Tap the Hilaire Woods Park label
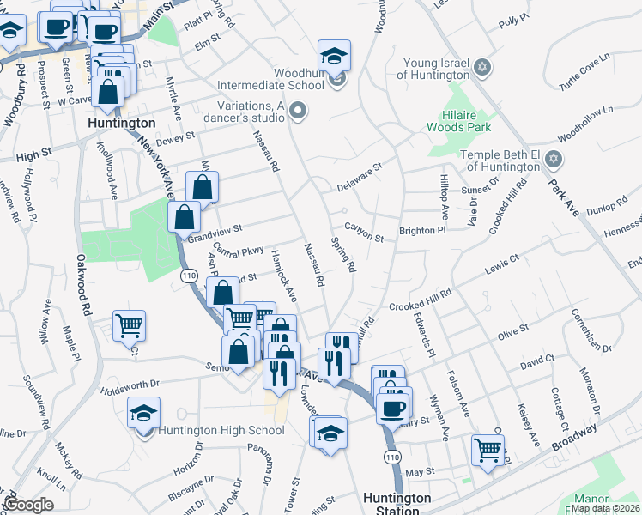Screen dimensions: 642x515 tap(459, 121)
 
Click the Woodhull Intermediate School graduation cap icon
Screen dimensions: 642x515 tap(335, 57)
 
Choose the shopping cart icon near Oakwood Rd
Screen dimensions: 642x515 tap(130, 326)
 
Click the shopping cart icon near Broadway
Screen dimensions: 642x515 tap(488, 449)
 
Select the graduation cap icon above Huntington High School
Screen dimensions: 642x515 tap(144, 413)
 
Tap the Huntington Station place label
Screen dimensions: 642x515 tap(397, 504)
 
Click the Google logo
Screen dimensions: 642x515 tap(28, 505)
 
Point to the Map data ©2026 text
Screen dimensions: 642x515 tap(606, 508)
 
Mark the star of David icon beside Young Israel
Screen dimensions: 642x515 tap(483, 67)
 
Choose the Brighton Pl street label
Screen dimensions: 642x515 tap(422, 231)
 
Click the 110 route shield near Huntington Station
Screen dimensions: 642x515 tap(392, 457)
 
